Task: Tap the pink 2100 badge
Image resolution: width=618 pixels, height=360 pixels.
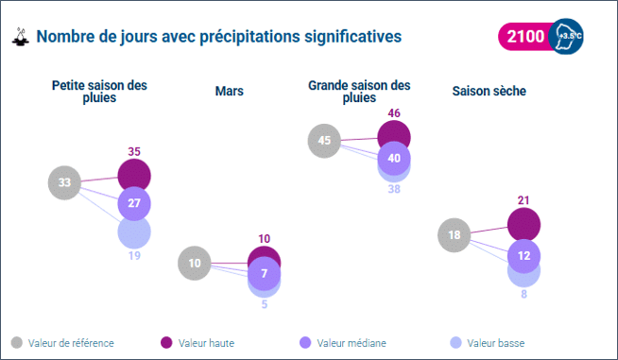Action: coord(525,37)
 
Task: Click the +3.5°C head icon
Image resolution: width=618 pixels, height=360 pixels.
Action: coord(567,37)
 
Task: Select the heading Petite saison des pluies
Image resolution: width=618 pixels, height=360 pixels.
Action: coord(99,91)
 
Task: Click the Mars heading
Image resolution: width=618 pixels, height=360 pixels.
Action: coord(230,91)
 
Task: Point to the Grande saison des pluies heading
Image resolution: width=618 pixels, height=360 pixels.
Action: coord(359,91)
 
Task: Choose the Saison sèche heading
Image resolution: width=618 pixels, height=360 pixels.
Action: coord(489,91)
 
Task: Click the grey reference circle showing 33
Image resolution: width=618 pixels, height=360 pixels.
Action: coord(64,182)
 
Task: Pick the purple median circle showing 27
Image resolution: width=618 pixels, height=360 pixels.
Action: coord(134,203)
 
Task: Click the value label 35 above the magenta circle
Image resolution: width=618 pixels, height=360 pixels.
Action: coord(134,151)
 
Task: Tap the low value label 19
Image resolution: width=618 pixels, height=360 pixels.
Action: coord(134,255)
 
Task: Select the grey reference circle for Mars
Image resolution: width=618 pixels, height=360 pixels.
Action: coord(195,264)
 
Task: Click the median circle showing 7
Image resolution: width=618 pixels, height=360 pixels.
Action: coord(265,274)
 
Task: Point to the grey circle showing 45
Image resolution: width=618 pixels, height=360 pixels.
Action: coord(324,142)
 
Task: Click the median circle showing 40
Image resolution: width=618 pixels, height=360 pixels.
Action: coord(394,158)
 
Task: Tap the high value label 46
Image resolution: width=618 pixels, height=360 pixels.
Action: coord(394,113)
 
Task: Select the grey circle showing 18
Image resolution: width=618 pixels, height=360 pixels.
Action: coord(455,235)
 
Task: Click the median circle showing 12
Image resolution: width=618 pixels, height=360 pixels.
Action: coord(524,254)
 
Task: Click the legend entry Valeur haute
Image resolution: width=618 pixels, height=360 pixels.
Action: coord(204,342)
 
